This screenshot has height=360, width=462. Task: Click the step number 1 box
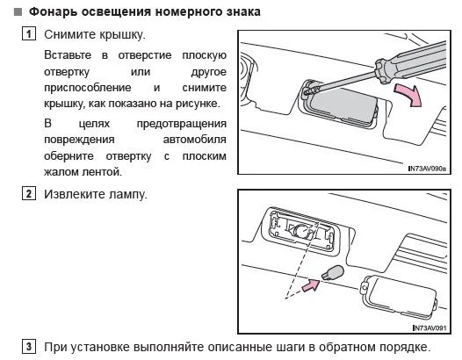[x=29, y=33]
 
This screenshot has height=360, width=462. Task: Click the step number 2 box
[x=29, y=193]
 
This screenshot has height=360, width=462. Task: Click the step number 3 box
[x=29, y=347]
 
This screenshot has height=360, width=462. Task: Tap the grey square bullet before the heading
[x=18, y=12]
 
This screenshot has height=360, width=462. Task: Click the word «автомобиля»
[x=194, y=140]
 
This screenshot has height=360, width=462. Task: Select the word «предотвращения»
[x=182, y=124]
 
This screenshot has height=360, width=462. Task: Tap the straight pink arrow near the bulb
[x=311, y=285]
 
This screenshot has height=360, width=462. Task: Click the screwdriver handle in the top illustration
[x=411, y=62]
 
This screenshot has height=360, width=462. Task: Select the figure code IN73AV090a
[x=427, y=169]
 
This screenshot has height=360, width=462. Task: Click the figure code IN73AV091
[x=430, y=328]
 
